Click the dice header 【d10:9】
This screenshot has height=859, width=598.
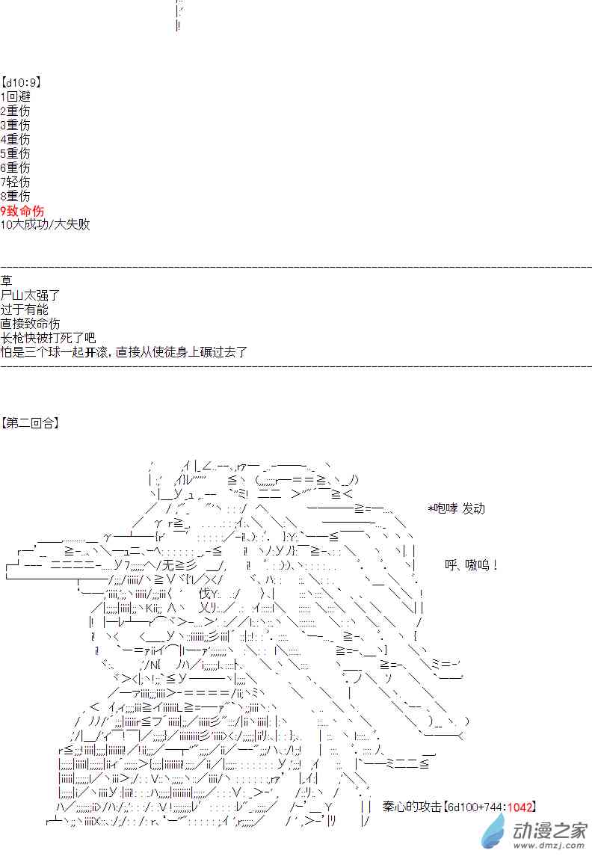click(x=21, y=82)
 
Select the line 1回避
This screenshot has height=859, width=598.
click(x=16, y=96)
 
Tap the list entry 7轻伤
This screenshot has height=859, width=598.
click(x=16, y=182)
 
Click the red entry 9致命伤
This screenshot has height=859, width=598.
click(x=22, y=210)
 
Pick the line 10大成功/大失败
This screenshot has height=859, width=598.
click(x=45, y=224)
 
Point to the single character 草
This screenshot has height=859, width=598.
click(x=7, y=281)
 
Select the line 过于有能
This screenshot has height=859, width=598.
click(x=25, y=310)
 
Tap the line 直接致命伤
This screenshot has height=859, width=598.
click(x=30, y=324)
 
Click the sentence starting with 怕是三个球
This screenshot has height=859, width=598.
click(x=124, y=352)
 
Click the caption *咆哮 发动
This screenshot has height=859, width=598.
click(x=456, y=508)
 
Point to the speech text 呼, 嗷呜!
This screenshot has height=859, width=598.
click(x=471, y=566)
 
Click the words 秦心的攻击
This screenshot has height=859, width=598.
click(x=410, y=807)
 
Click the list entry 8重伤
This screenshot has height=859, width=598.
click(x=16, y=196)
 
